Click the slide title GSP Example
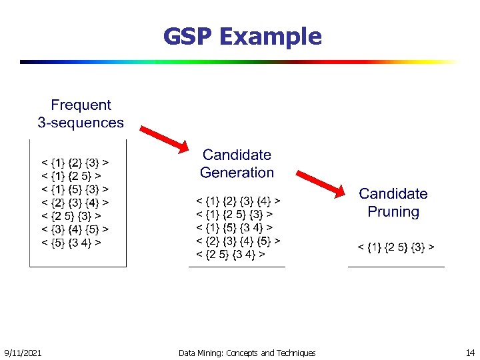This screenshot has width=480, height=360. (x=243, y=37)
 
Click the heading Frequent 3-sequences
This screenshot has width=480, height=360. (x=81, y=113)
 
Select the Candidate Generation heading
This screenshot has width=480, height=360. (x=237, y=163)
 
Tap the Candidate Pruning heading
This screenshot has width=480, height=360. (x=393, y=203)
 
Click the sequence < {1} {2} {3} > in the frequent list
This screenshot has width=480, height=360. (x=75, y=161)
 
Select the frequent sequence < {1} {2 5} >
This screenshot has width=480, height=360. (x=71, y=175)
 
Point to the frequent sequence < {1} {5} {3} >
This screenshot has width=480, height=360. (x=75, y=189)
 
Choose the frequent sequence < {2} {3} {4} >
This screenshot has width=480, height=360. (x=75, y=202)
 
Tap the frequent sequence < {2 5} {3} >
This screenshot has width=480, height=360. (x=71, y=216)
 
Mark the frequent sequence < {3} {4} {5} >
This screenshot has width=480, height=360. (x=75, y=229)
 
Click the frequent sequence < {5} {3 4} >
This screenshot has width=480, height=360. (x=71, y=243)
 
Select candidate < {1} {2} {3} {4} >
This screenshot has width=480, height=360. (x=237, y=200)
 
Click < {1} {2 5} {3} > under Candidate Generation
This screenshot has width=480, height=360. (x=233, y=214)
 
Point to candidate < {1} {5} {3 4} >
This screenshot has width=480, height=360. (x=233, y=227)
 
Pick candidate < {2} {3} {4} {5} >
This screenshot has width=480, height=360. (x=237, y=241)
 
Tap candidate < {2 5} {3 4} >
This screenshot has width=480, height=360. (x=230, y=255)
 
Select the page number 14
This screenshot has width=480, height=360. (x=470, y=352)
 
